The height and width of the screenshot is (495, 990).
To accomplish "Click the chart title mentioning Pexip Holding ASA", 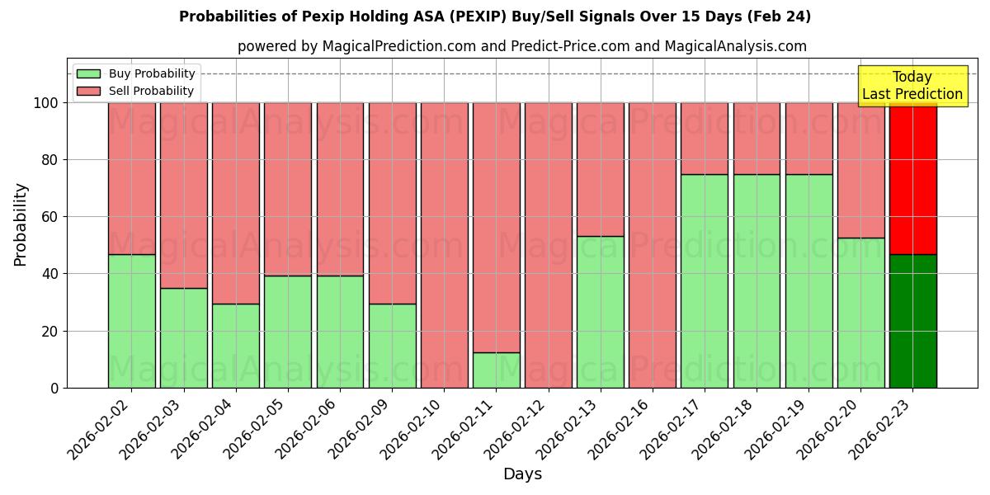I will (494, 16).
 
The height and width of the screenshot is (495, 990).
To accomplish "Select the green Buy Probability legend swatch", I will (87, 73).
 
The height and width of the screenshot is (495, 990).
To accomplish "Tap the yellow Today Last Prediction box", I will (912, 86).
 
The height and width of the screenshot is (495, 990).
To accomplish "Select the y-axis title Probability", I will (21, 224).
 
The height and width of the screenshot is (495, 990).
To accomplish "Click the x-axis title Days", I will (522, 474).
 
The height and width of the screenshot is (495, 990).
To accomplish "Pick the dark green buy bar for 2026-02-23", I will (912, 321).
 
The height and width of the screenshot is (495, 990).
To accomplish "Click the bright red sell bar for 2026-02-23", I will (912, 178).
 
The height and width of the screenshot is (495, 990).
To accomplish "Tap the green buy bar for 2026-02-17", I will (705, 280).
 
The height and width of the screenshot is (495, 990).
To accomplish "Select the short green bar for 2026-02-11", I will (496, 370).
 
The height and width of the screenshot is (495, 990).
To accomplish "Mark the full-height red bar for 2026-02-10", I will (444, 245).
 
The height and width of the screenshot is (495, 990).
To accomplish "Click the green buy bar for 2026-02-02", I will (131, 321).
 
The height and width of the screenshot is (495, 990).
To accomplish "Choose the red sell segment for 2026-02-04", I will (236, 203).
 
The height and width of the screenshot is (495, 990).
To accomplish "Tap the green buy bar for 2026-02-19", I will (808, 280).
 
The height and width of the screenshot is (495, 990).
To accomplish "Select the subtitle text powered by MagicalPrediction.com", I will (521, 46).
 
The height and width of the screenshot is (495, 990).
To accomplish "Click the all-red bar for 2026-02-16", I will (652, 245).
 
